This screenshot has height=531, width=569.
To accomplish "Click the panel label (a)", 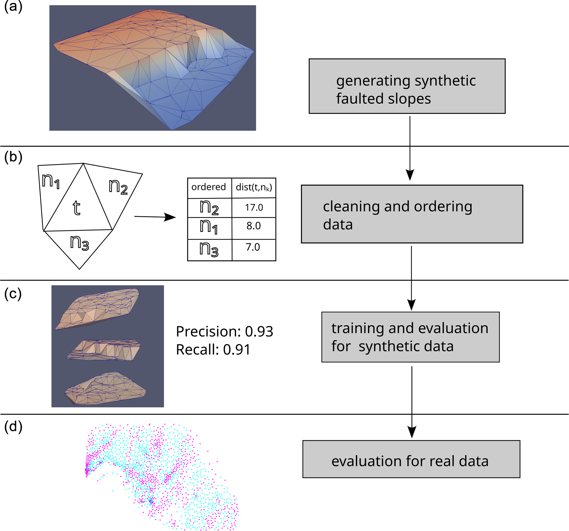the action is pyautogui.click(x=13, y=6).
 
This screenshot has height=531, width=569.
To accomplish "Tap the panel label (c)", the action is pyautogui.click(x=13, y=294).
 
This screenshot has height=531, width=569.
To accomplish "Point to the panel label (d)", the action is pyautogui.click(x=13, y=426).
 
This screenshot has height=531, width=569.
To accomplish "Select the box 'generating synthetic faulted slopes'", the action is pyautogui.click(x=407, y=86).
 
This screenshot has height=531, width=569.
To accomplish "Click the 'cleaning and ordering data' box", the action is pyautogui.click(x=412, y=214).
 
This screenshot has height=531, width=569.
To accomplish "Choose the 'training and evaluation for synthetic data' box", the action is pyautogui.click(x=410, y=337).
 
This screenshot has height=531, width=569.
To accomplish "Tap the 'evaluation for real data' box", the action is pyautogui.click(x=411, y=459).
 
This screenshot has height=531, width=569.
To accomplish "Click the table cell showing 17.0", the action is pyautogui.click(x=254, y=208).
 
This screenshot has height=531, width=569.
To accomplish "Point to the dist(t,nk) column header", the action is pyautogui.click(x=254, y=187).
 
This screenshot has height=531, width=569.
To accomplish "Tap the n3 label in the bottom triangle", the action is pyautogui.click(x=80, y=243).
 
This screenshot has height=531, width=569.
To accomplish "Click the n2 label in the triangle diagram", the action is pyautogui.click(x=118, y=187).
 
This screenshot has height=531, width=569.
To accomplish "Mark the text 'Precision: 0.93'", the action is pyautogui.click(x=224, y=331).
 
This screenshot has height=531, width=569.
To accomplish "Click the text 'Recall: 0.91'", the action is pyautogui.click(x=213, y=350).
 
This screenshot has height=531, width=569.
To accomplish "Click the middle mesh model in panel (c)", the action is pyautogui.click(x=103, y=350).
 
